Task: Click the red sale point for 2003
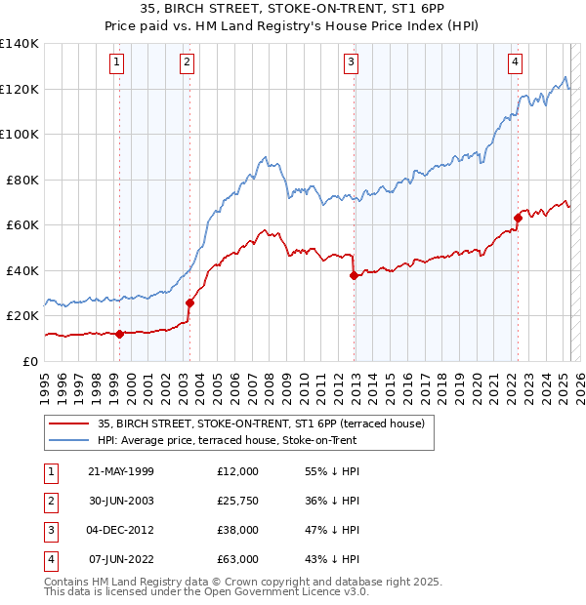click(x=189, y=302)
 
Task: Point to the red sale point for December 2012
click(x=353, y=275)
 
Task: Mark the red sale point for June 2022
click(x=518, y=218)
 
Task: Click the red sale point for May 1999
click(x=119, y=334)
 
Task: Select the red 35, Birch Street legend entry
click(x=261, y=423)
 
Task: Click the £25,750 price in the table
click(x=238, y=502)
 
